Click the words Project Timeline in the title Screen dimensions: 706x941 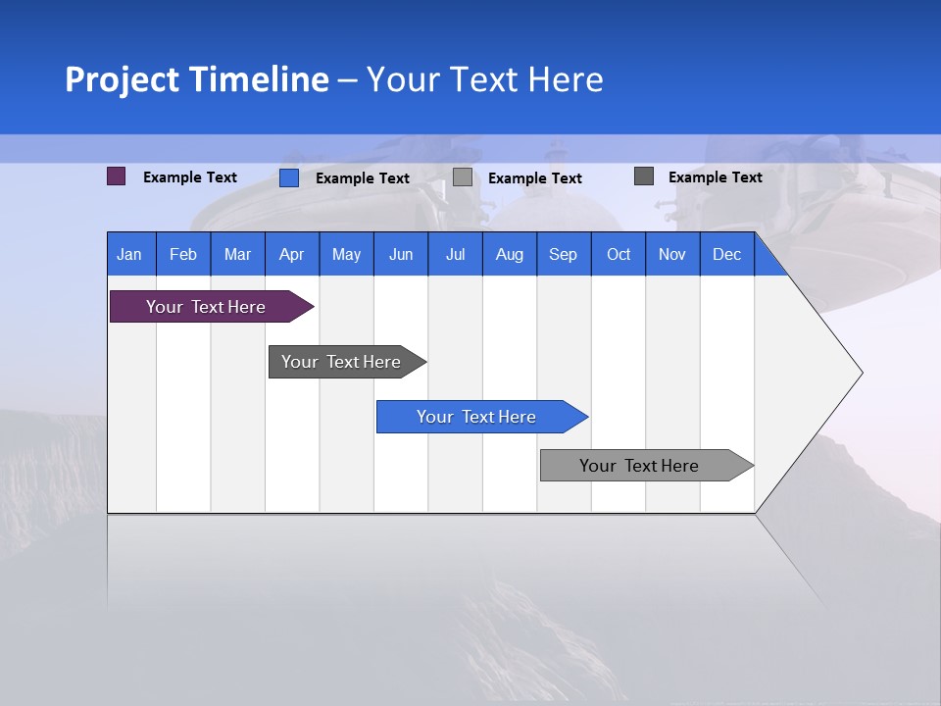(197, 79)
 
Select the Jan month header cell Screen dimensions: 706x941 (129, 254)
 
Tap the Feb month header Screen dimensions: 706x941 (183, 254)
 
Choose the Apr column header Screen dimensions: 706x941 (292, 254)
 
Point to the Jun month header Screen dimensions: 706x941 (401, 254)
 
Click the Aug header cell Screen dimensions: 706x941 (510, 254)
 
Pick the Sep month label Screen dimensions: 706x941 (564, 254)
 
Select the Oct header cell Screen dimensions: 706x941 (619, 254)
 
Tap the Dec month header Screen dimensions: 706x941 (727, 254)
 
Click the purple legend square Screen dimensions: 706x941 (117, 176)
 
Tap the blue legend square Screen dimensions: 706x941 (289, 177)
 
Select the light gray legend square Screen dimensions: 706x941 (463, 177)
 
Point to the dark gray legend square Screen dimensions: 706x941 (644, 176)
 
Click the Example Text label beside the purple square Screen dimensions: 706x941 (190, 177)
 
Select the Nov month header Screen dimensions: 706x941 (672, 254)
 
